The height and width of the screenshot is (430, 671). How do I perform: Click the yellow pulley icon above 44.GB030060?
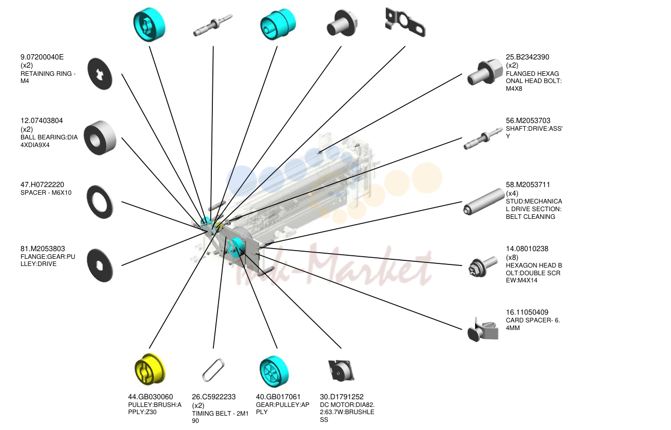click(149, 368)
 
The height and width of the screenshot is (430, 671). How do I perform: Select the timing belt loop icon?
click(213, 370)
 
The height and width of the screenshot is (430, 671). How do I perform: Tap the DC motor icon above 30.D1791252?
click(341, 371)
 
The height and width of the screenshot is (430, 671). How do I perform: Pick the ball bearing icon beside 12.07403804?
click(100, 138)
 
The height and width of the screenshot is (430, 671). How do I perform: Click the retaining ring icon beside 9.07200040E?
click(100, 74)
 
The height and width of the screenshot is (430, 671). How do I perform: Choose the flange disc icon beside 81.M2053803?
click(100, 265)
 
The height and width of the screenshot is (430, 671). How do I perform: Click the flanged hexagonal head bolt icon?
click(485, 72)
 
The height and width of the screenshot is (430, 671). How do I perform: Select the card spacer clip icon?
click(483, 330)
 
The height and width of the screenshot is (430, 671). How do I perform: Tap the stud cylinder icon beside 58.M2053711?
click(484, 201)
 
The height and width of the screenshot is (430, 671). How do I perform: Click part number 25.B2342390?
click(527, 57)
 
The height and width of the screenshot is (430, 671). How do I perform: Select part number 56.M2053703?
click(528, 121)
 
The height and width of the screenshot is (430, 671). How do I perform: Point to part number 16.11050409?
click(527, 313)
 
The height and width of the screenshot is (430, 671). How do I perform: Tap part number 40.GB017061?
click(278, 397)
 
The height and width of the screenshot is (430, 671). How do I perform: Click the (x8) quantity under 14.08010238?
click(512, 257)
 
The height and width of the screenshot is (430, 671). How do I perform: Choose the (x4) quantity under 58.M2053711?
click(512, 193)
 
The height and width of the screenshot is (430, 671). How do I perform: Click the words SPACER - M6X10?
click(46, 193)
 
